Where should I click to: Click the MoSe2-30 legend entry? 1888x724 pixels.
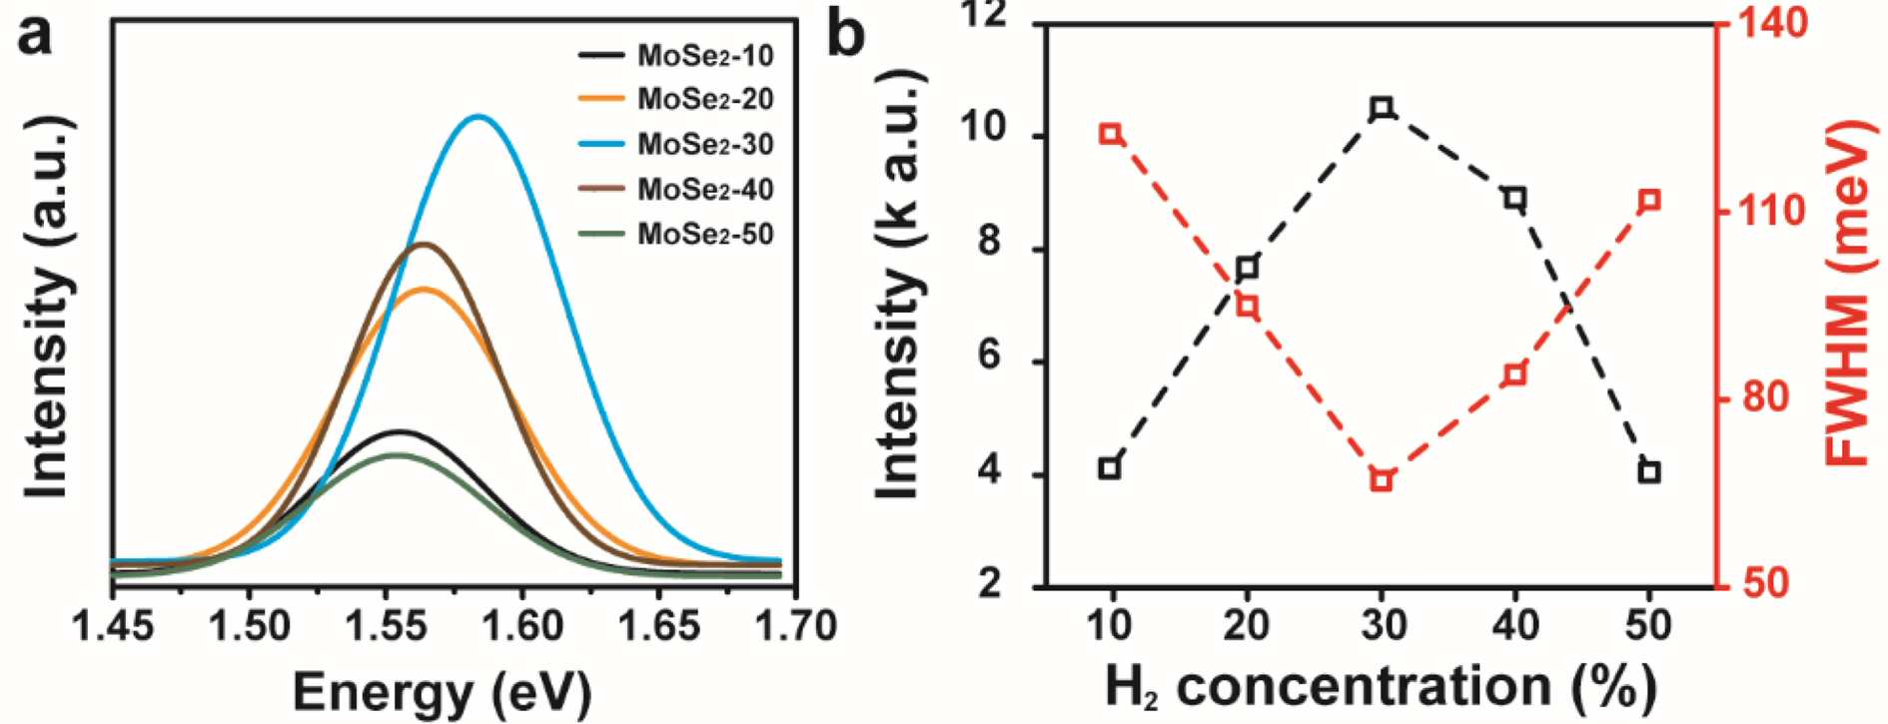(x=676, y=145)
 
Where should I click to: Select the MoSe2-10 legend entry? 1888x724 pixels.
(x=676, y=55)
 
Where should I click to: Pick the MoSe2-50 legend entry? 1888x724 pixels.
(x=676, y=235)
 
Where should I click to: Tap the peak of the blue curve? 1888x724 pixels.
(x=479, y=116)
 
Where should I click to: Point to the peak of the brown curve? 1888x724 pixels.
(x=425, y=244)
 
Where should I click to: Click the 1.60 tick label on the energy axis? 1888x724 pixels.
(x=521, y=627)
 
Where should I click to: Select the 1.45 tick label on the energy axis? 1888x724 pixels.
(x=113, y=627)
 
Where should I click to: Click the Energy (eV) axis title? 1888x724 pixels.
(x=442, y=691)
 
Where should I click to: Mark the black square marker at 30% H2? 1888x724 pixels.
(x=1383, y=108)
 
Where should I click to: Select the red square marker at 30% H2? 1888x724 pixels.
(x=1383, y=480)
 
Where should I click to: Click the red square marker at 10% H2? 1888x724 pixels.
(x=1110, y=134)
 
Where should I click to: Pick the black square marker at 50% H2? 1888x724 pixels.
(x=1649, y=472)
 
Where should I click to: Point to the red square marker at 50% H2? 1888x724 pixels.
(x=1650, y=201)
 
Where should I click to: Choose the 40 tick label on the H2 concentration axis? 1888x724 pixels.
(x=1515, y=625)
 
